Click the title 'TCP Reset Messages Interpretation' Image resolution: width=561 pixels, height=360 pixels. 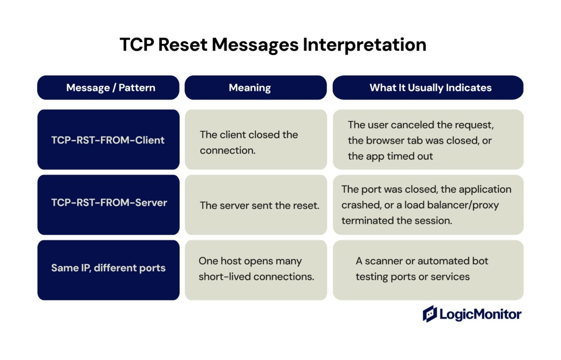[273, 45]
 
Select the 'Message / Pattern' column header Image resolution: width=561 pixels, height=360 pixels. [111, 88]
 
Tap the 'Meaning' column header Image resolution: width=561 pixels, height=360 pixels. [250, 88]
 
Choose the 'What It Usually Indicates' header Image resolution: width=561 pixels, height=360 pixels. [430, 88]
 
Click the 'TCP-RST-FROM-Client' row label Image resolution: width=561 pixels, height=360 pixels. [108, 140]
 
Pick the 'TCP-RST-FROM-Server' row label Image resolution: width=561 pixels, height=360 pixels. [109, 202]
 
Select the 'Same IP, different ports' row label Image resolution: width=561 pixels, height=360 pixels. [108, 268]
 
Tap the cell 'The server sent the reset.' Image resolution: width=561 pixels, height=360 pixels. [259, 205]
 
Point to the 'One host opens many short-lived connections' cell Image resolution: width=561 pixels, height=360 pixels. [256, 269]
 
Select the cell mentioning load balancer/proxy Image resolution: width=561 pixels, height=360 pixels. [426, 205]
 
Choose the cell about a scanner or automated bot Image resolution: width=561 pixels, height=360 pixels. [421, 269]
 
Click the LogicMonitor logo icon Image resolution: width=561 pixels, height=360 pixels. [430, 314]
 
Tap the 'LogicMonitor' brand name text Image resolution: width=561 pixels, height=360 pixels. [480, 314]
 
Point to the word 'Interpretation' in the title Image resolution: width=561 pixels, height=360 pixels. [364, 45]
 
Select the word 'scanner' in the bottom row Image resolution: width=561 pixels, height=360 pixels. [383, 261]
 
